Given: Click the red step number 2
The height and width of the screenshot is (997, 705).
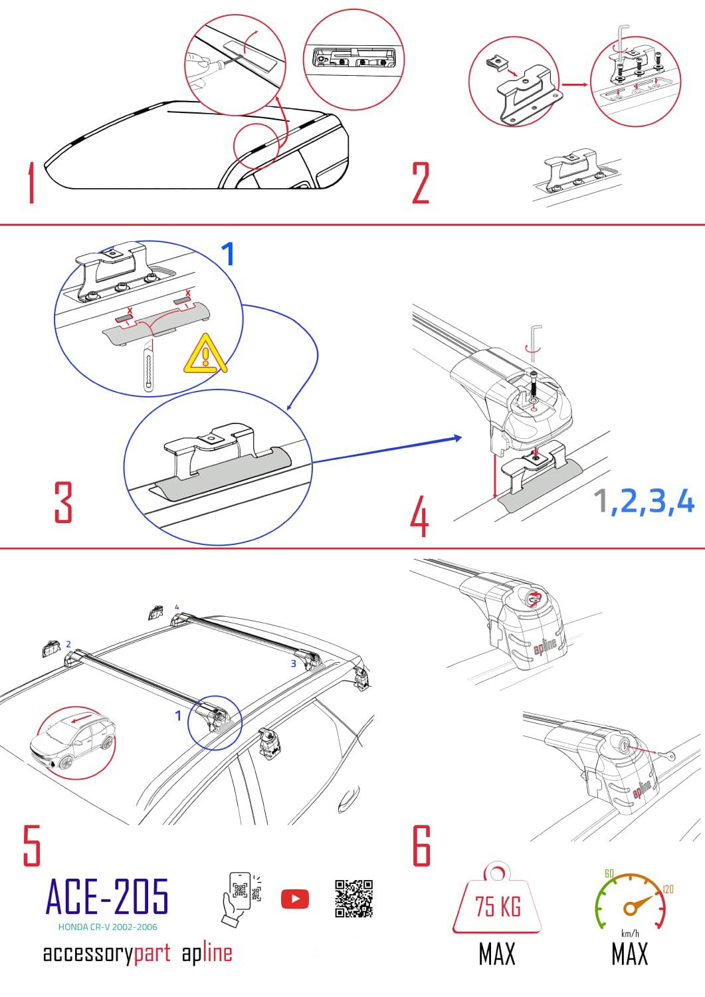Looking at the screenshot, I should tap(421, 183).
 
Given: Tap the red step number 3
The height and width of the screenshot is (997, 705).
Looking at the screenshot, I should tap(63, 502).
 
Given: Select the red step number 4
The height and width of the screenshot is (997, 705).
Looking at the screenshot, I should tap(419, 518).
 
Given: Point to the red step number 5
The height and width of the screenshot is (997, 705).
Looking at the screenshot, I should tap(32, 845).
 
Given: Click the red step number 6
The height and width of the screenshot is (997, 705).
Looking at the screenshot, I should tap(421, 845).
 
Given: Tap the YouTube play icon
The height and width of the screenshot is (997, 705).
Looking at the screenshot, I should tap(295, 899).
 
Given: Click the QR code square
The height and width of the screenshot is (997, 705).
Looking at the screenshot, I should tap(353, 899).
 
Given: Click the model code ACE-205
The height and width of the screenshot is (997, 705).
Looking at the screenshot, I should tap(107, 896).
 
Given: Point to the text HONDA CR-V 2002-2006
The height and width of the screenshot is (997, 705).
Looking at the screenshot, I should tap(108, 927).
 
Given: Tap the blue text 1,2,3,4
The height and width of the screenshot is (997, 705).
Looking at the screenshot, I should tap(643, 501).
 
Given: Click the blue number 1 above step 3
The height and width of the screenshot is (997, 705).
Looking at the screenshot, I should tap(227, 254).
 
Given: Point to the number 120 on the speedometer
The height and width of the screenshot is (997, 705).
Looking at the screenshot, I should tap(668, 889).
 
